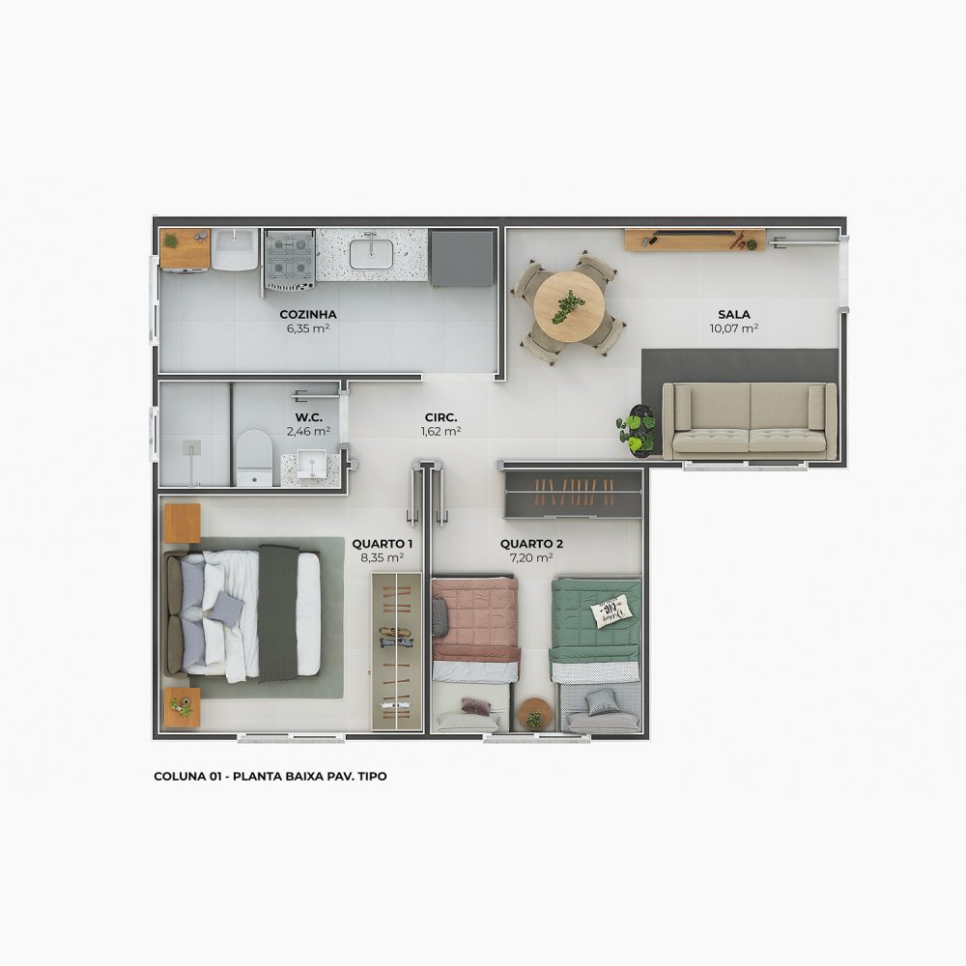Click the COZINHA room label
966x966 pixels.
pos(308,314)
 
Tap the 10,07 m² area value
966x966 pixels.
pos(734,328)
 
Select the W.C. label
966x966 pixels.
pos(309,417)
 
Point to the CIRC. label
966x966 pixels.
pos(441,417)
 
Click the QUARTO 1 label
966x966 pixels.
pos(383,543)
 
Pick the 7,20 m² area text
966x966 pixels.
pos(531,557)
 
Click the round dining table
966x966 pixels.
pos(569,307)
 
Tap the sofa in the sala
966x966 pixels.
pos(750,421)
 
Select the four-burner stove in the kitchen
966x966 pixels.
pos(289,259)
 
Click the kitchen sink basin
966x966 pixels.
pos(372,254)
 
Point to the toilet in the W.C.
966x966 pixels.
pos(254,457)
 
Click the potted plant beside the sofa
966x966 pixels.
pos(638,430)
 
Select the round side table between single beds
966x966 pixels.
pos(535,714)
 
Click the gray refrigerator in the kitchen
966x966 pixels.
pos(462,258)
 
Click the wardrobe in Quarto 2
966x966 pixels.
pos(574,494)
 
